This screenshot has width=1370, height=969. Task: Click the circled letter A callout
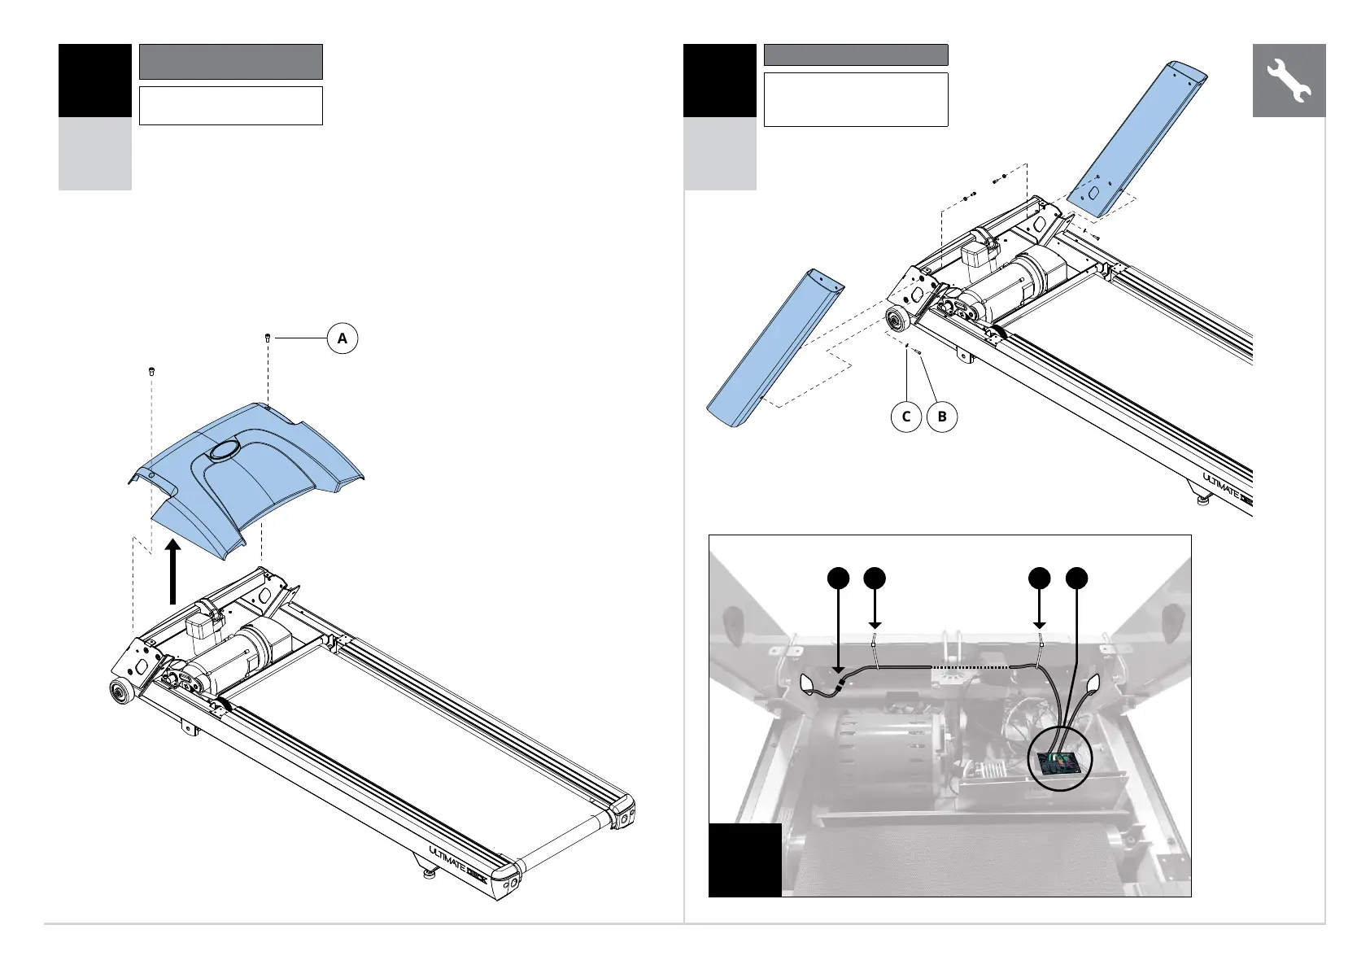click(x=342, y=338)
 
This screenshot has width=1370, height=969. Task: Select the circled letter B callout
click(x=942, y=417)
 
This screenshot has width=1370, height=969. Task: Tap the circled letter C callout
click(x=906, y=417)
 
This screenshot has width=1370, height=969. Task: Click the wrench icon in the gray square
click(x=1289, y=81)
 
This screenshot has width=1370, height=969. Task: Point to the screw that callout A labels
click(x=268, y=337)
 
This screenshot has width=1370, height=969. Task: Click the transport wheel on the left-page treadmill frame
click(x=120, y=693)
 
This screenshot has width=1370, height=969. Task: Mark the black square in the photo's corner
click(x=744, y=859)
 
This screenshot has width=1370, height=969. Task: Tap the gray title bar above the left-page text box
click(x=231, y=62)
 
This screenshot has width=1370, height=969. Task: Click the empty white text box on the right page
click(x=855, y=99)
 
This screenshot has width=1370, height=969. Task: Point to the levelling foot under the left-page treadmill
click(x=426, y=875)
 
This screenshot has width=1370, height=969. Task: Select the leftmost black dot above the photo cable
click(x=839, y=578)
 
